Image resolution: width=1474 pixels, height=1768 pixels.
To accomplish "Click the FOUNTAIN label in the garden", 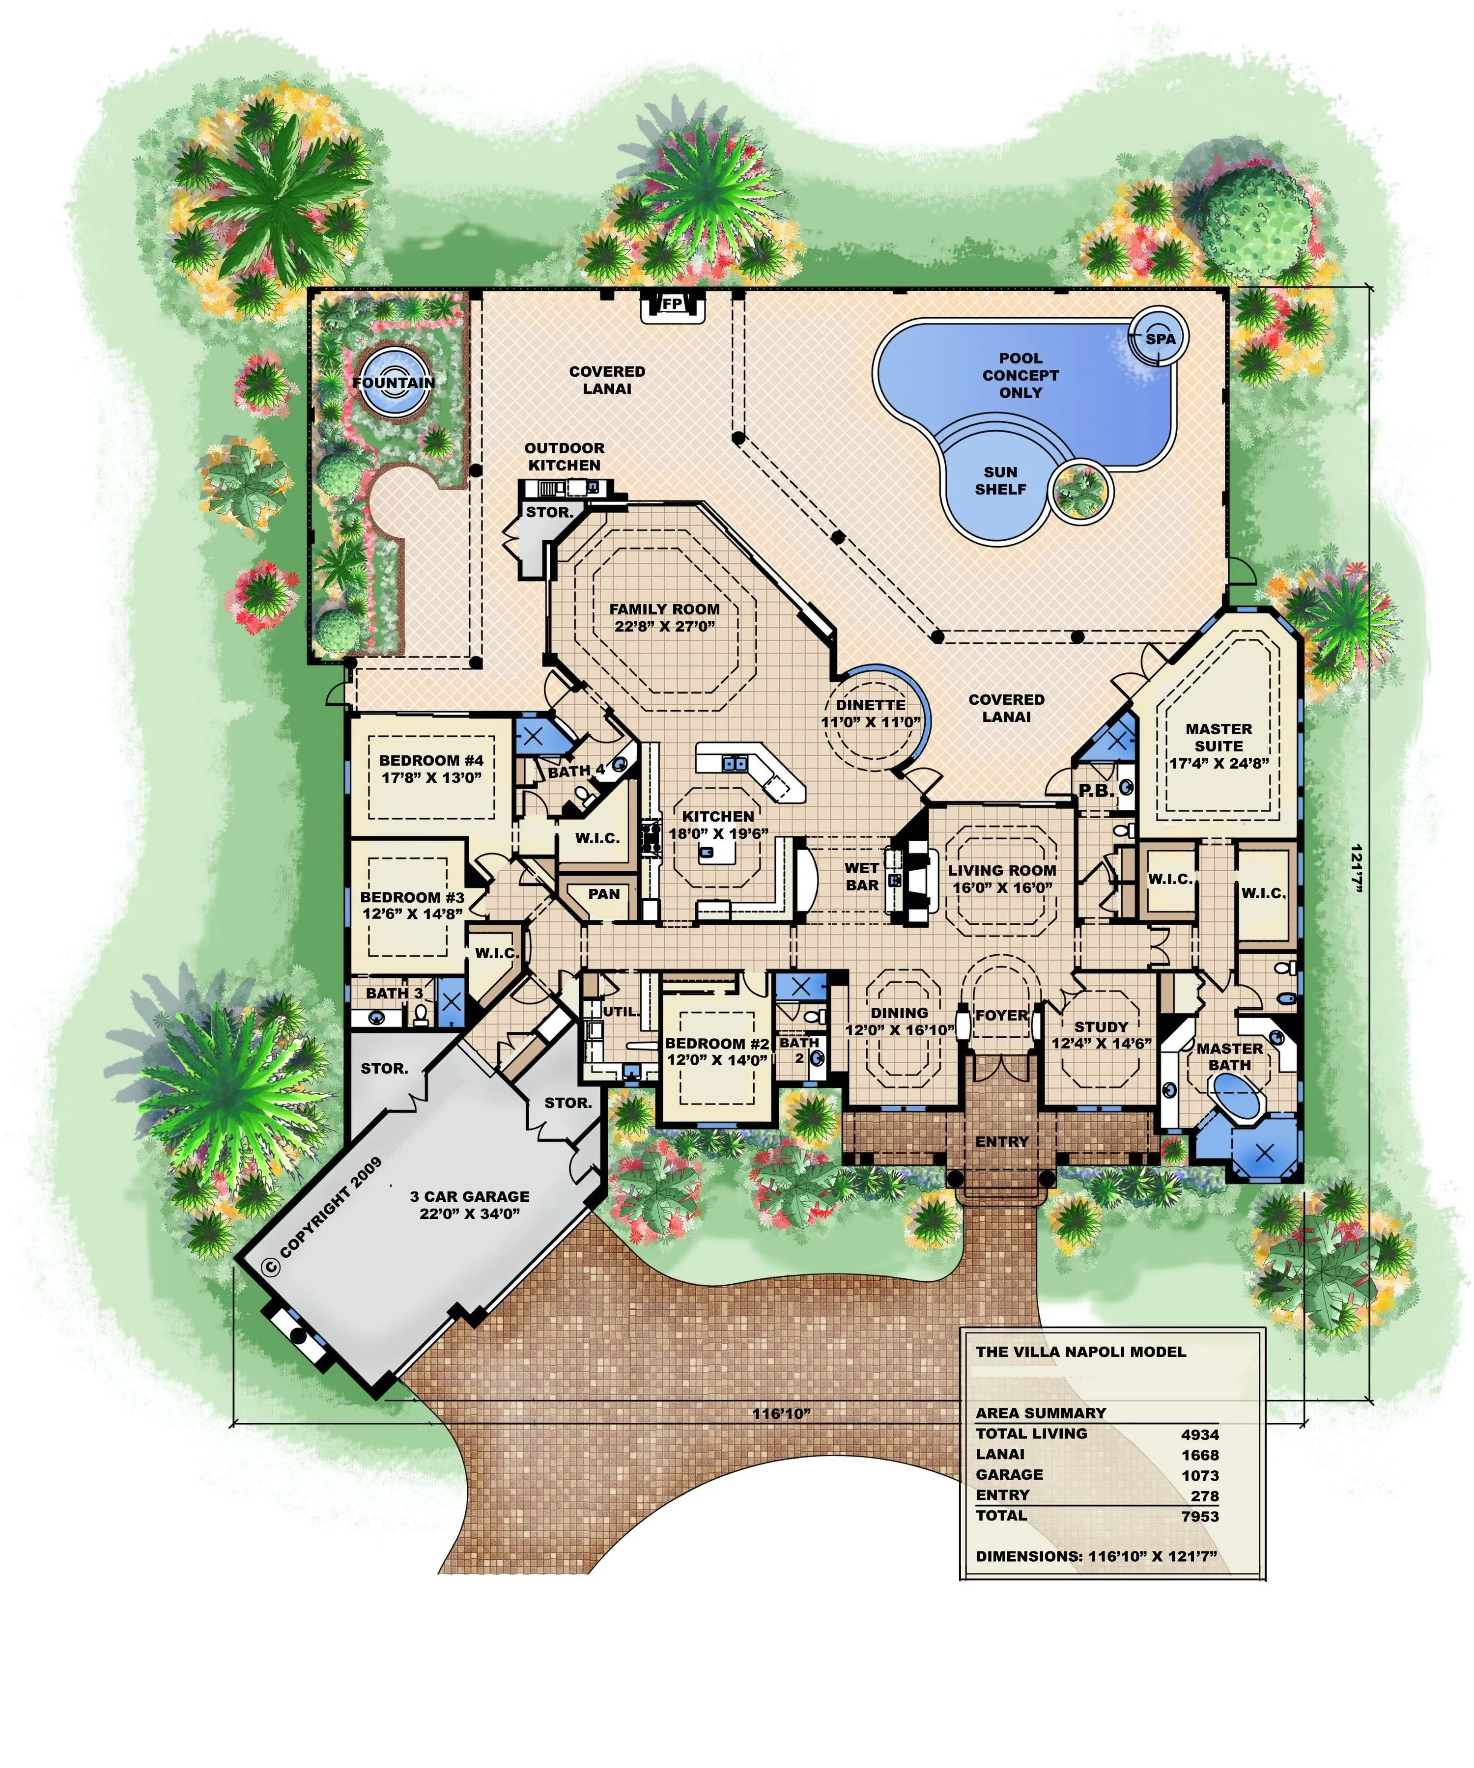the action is click(394, 382).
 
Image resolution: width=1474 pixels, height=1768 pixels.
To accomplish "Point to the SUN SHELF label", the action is click(1001, 481).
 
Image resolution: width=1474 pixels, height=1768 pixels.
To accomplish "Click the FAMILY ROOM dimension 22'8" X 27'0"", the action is click(665, 626).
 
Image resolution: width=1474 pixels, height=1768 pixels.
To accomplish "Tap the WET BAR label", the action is click(862, 877).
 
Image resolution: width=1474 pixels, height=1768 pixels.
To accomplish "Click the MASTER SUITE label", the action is click(1219, 738).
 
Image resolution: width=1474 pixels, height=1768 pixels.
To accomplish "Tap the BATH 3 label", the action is click(394, 994).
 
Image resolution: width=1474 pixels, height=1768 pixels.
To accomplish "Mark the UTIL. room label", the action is click(621, 1011).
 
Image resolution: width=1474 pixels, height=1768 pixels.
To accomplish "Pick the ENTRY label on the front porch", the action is click(1002, 1142).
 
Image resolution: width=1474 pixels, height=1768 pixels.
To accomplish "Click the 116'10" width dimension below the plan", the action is click(782, 1413).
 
